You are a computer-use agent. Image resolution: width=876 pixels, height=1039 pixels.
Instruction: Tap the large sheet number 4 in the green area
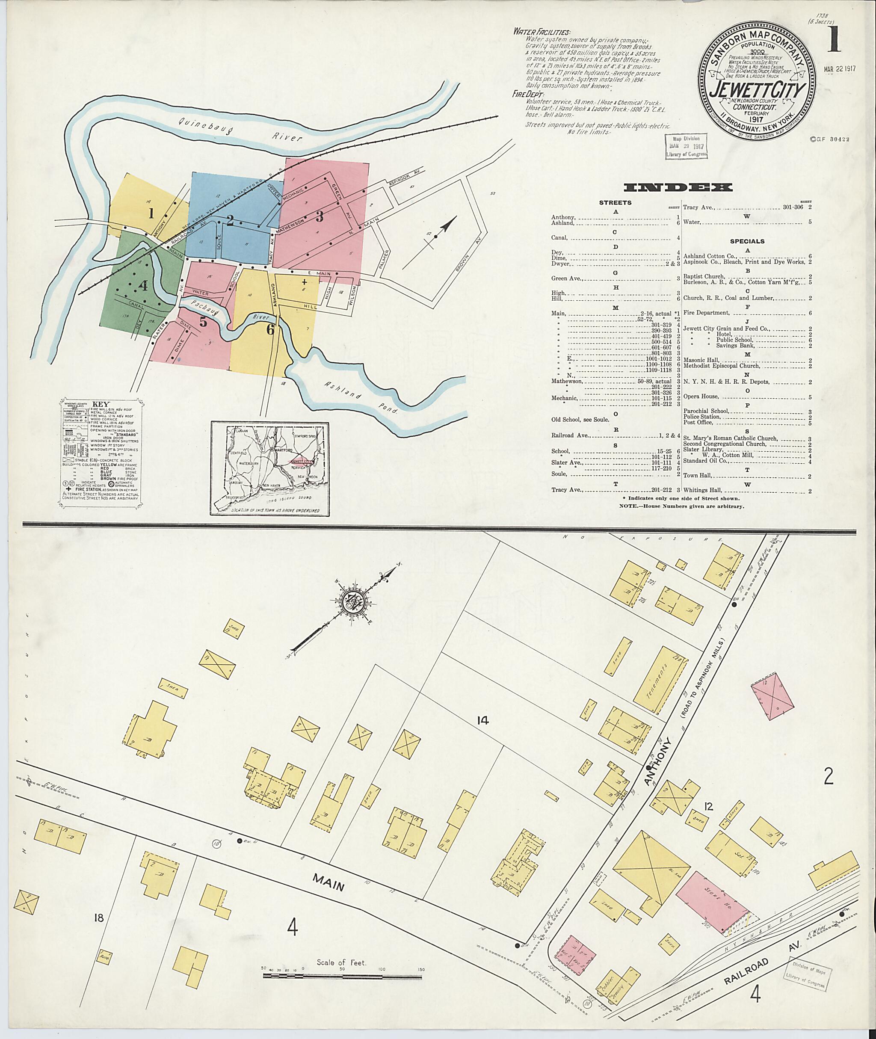(143, 286)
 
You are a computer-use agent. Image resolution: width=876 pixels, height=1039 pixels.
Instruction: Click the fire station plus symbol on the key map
(305, 281)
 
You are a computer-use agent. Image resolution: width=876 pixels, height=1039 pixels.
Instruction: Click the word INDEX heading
(678, 187)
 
